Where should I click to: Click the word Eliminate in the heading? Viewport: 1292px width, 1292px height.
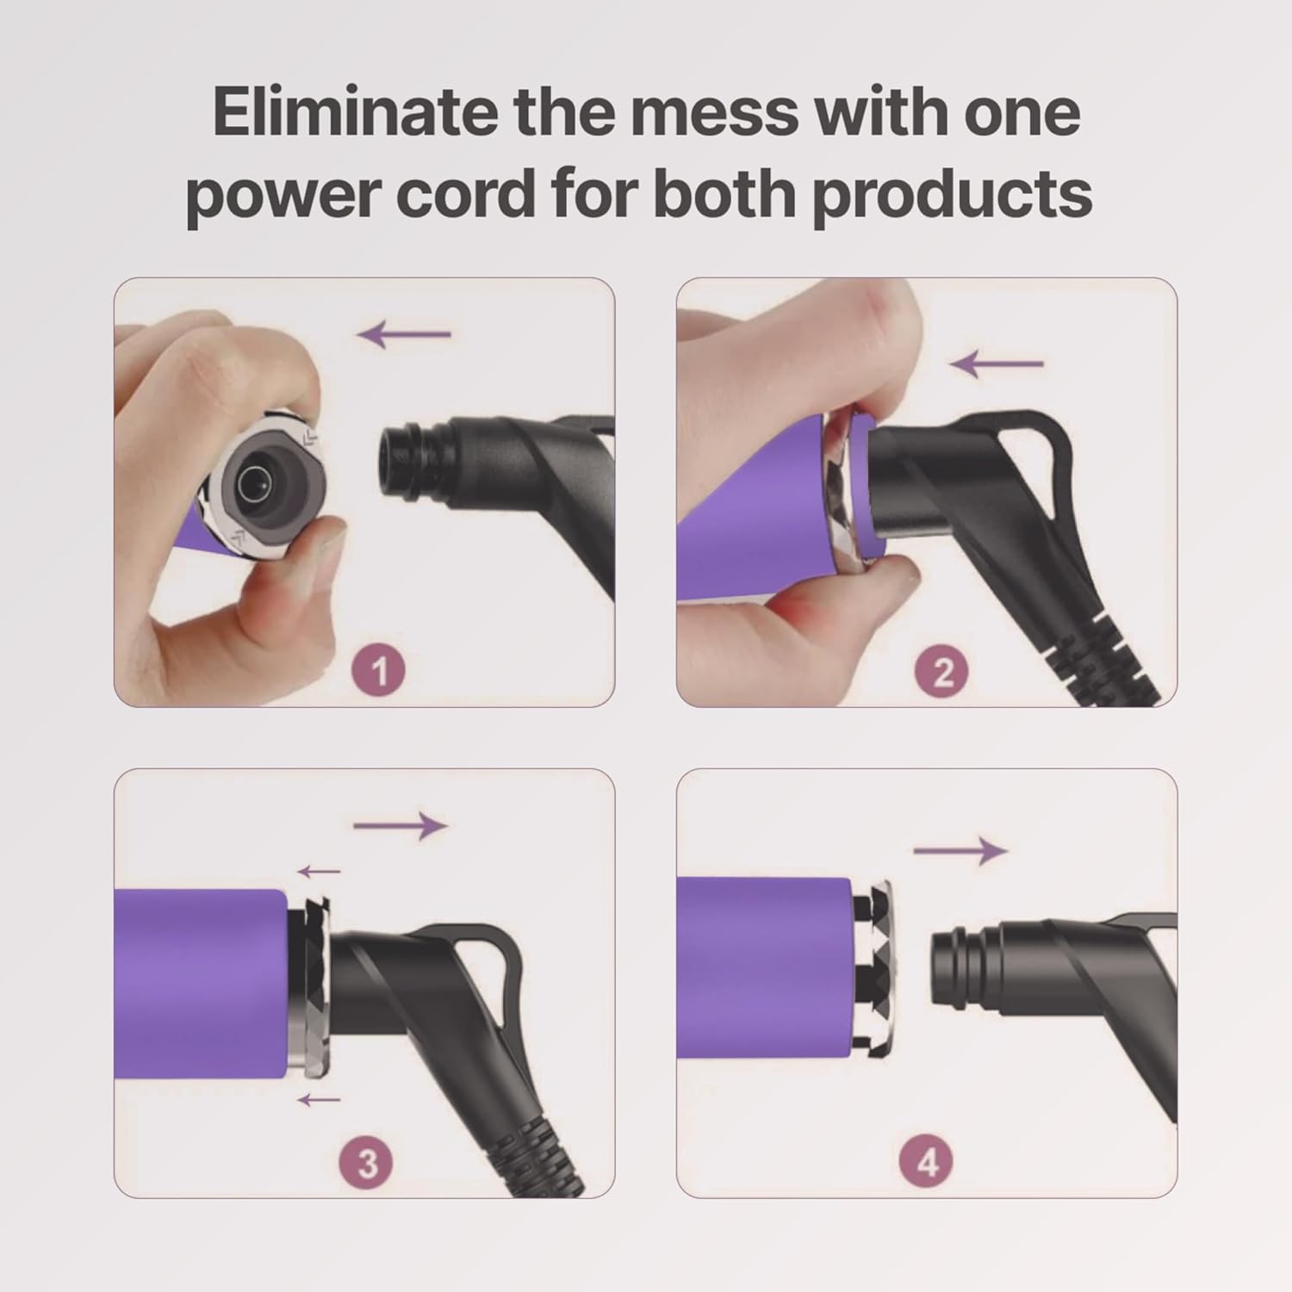354,112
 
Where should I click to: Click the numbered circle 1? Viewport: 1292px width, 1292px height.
380,670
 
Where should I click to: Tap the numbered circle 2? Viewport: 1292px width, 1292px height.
943,670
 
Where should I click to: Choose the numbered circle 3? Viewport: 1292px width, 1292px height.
368,1163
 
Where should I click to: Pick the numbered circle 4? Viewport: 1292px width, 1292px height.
928,1163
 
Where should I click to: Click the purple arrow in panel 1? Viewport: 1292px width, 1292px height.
405,334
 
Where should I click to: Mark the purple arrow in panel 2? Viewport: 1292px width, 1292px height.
997,364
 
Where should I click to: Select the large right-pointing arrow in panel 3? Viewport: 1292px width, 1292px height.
401,826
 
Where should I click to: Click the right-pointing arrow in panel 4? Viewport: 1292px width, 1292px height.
960,851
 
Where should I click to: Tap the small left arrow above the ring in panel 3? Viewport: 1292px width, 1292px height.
319,872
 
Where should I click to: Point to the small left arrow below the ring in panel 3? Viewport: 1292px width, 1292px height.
319,1099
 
